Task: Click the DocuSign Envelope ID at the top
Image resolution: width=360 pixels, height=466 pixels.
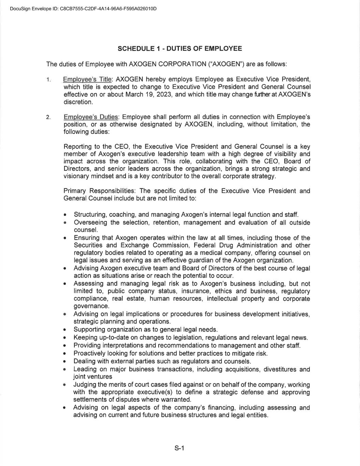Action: coord(83,9)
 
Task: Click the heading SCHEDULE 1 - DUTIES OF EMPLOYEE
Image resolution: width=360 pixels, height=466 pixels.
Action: coord(180,48)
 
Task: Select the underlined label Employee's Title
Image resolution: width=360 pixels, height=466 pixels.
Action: coord(87,80)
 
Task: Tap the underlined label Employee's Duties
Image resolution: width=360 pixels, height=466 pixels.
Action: coord(91,117)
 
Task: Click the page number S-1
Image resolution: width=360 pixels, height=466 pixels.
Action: coord(179,448)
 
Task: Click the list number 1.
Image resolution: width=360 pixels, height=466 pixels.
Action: coord(49,80)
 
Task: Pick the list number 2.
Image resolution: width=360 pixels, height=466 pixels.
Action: coord(49,117)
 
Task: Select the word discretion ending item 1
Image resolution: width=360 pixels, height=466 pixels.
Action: coord(78,102)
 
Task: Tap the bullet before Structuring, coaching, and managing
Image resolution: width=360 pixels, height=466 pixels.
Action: coord(65,215)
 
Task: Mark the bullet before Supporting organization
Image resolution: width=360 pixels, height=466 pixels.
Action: coord(65,330)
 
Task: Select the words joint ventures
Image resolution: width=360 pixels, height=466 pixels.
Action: coord(92,377)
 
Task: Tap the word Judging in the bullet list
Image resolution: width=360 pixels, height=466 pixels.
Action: coord(84,385)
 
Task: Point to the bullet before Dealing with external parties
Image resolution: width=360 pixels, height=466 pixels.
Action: coord(65,361)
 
